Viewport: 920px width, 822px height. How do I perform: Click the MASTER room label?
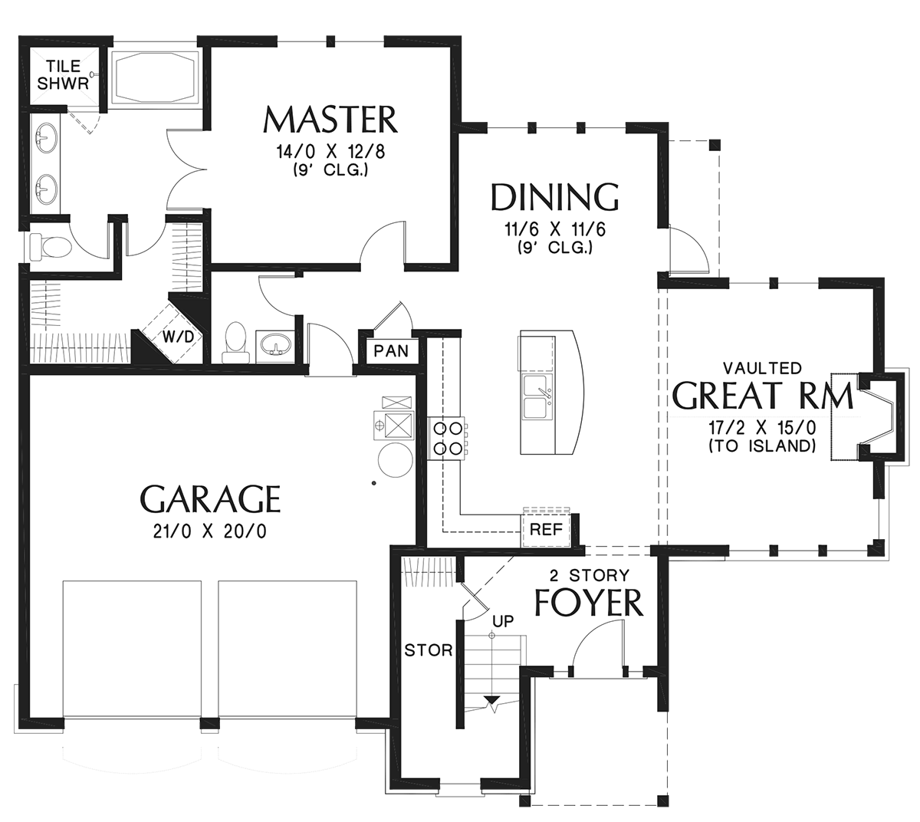pyautogui.click(x=330, y=120)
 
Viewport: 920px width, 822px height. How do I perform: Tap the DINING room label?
pyautogui.click(x=555, y=197)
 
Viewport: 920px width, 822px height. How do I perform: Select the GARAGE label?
pyautogui.click(x=211, y=498)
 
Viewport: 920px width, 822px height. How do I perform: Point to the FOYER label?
pyautogui.click(x=589, y=602)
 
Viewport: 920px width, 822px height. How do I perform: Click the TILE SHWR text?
pyautogui.click(x=63, y=75)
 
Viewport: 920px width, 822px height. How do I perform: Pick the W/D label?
pyautogui.click(x=178, y=337)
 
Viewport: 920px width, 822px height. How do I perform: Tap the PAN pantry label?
pyautogui.click(x=391, y=351)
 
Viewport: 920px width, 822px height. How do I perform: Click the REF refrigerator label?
pyautogui.click(x=547, y=529)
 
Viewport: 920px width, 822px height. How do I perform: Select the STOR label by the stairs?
pyautogui.click(x=429, y=650)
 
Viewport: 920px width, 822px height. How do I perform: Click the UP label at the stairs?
pyautogui.click(x=503, y=621)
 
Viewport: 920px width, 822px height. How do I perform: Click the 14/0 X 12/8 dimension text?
pyautogui.click(x=330, y=152)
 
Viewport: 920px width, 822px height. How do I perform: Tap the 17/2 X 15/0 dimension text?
pyautogui.click(x=762, y=427)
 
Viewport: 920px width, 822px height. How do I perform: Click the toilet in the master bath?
pyautogui.click(x=51, y=248)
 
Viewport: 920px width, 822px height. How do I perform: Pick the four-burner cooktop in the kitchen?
pyautogui.click(x=447, y=439)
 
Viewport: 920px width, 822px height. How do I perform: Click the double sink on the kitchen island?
pyautogui.click(x=537, y=396)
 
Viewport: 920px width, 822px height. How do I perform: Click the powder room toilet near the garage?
pyautogui.click(x=235, y=342)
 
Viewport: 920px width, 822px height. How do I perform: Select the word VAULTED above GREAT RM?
pyautogui.click(x=761, y=368)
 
